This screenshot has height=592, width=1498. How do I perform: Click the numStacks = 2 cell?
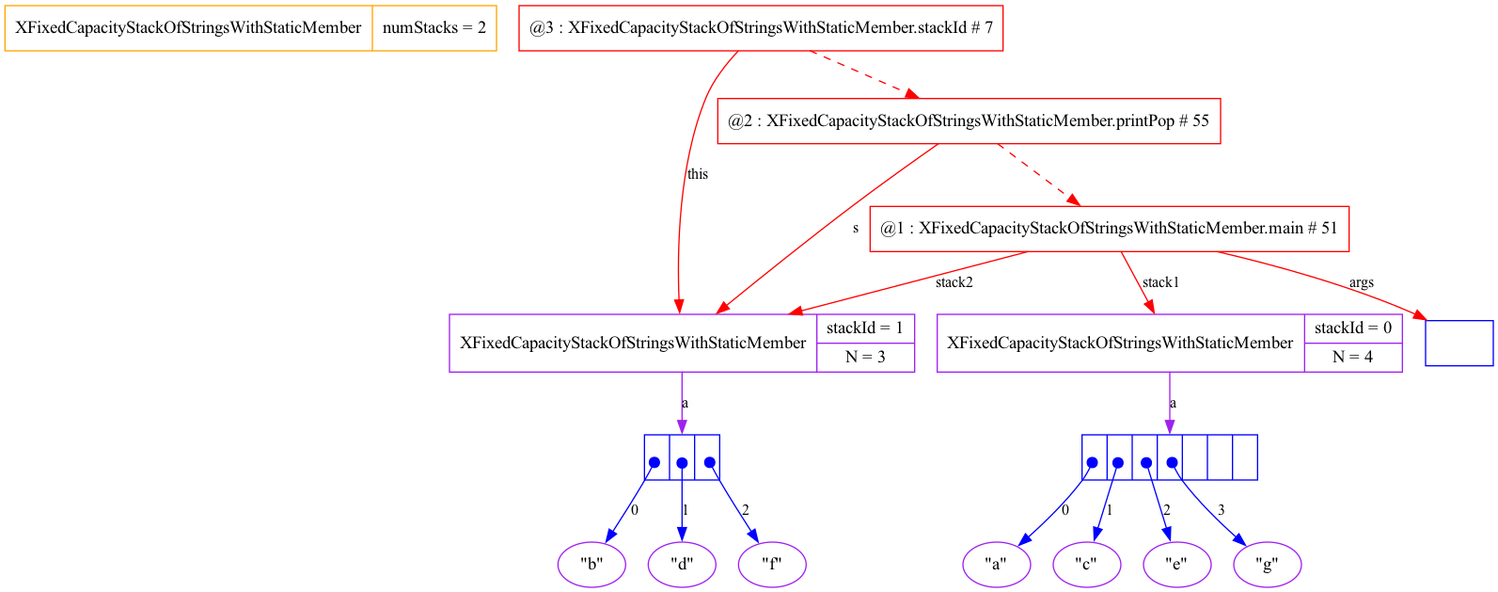coord(434,28)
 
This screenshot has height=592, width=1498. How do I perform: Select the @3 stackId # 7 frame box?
coord(760,28)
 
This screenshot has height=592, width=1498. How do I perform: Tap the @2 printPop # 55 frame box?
coord(969,120)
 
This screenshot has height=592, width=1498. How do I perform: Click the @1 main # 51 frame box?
coord(1109,229)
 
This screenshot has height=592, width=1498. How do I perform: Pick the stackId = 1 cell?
coord(865,328)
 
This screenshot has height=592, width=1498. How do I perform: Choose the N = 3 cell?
coord(865,357)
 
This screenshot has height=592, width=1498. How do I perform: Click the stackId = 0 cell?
coord(1353,328)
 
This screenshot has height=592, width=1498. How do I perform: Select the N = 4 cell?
coord(1353,357)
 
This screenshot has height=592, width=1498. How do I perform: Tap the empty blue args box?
coord(1459,343)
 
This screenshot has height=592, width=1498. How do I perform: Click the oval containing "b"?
coord(591,565)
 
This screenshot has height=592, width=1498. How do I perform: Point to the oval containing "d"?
coord(682,565)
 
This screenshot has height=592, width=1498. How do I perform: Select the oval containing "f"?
coord(772,565)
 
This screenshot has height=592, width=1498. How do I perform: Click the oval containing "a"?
coord(997,565)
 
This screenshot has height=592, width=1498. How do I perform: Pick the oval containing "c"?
coord(1087,565)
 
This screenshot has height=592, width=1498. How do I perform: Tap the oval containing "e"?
coord(1177,565)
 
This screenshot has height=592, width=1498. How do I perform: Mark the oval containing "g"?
coord(1268,565)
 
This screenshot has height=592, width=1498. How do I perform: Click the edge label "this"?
coord(698,174)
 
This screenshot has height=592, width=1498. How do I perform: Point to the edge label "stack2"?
coord(954,282)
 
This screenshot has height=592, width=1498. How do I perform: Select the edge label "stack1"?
coord(1160,282)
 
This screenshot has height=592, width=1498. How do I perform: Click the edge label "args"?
coord(1361,282)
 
